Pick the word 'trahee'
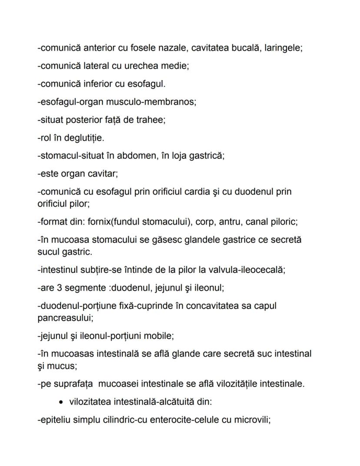(x=152, y=120)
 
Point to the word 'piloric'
(x=283, y=222)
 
